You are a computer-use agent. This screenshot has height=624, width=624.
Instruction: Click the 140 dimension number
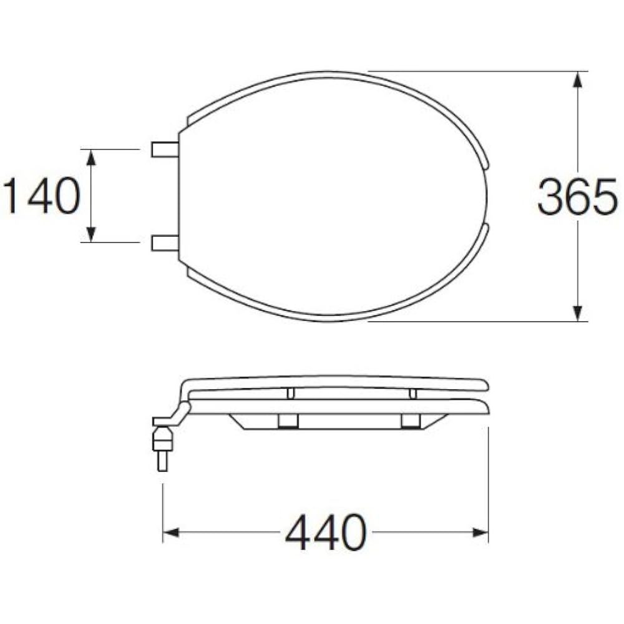[42, 196]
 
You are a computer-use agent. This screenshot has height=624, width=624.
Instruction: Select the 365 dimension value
[577, 197]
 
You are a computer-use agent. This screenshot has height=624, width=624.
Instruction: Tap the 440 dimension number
[325, 532]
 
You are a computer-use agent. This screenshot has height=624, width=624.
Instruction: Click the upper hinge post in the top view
[165, 149]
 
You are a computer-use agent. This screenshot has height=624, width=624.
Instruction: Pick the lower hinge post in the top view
[165, 243]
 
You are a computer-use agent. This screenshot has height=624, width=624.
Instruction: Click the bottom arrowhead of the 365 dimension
[578, 313]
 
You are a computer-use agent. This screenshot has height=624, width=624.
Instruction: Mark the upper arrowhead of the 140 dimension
[91, 157]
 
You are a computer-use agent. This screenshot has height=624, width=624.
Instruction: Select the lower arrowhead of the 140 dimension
[91, 234]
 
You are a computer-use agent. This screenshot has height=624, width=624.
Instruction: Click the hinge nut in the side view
[162, 439]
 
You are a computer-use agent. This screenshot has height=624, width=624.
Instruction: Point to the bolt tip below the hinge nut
[162, 462]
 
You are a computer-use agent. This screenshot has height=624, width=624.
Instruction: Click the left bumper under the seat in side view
[288, 421]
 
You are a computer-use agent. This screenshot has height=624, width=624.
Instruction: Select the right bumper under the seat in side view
[410, 421]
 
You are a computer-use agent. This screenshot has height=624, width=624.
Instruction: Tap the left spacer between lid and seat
[290, 393]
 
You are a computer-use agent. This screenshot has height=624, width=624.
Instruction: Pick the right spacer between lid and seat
[412, 393]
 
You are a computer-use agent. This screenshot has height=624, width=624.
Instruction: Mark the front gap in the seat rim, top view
[487, 196]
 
